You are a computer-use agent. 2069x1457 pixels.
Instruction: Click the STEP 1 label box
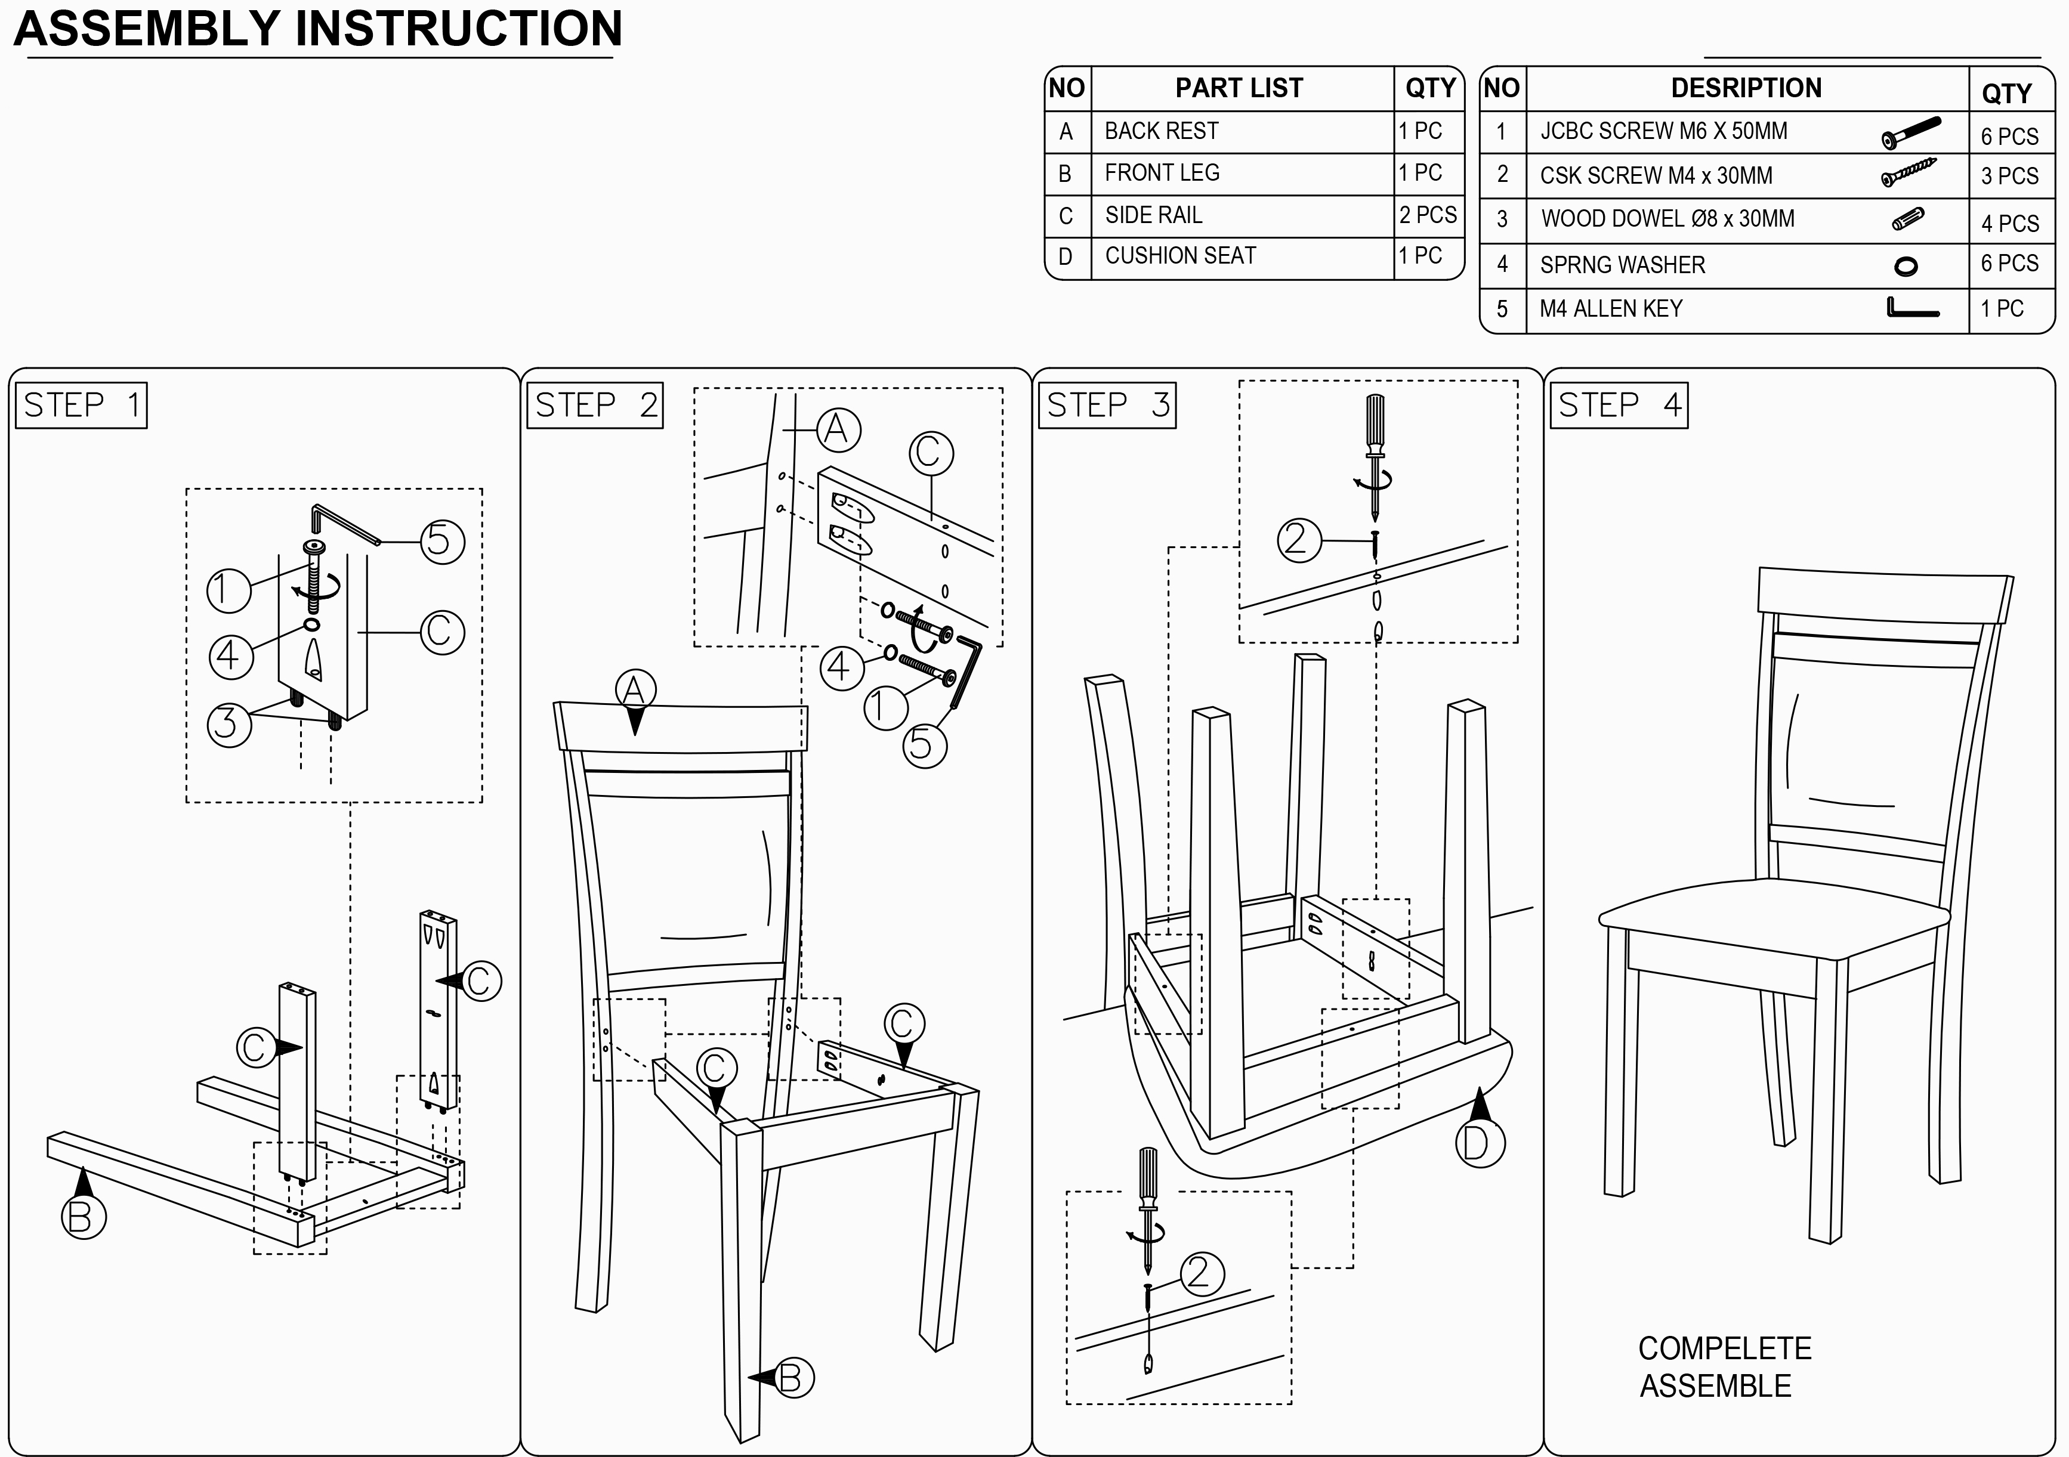point(81,406)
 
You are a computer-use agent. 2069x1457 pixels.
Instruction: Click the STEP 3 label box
point(1107,406)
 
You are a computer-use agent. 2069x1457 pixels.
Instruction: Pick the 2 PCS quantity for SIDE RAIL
point(1428,215)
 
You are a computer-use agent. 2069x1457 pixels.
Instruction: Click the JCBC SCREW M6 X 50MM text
point(1663,132)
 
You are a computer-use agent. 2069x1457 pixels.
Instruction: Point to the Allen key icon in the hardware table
point(1911,309)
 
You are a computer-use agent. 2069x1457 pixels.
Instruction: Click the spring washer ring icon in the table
point(1906,266)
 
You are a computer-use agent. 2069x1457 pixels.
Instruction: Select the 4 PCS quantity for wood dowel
point(2009,224)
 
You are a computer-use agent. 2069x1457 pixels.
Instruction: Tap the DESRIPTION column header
point(1746,88)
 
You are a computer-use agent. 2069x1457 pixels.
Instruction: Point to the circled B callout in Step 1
point(83,1217)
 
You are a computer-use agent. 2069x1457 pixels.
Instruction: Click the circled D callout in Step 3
point(1480,1143)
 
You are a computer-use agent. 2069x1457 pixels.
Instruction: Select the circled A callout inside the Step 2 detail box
point(838,430)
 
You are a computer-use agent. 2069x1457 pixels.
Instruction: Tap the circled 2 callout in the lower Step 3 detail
point(1200,1273)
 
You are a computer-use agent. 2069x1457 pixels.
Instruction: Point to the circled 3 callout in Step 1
point(229,723)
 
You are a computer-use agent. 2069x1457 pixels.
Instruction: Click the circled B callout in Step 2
point(791,1377)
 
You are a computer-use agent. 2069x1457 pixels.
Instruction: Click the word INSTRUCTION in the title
point(459,29)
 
